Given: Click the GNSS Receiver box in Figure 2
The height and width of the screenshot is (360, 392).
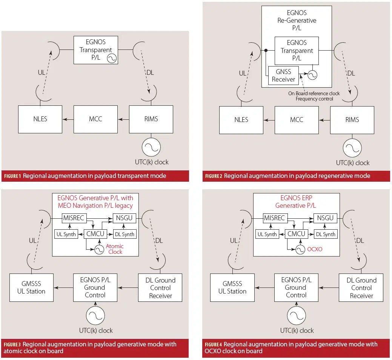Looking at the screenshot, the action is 283,76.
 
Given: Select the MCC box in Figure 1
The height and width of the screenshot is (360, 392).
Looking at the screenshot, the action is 95,119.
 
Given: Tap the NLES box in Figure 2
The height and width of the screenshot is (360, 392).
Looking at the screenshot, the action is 241,120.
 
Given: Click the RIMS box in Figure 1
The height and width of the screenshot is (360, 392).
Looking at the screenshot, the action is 151,119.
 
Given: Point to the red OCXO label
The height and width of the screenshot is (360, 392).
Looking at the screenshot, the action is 315,249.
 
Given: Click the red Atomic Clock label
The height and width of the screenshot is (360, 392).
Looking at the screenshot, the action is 115,249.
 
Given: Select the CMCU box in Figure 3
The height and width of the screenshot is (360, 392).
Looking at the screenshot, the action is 95,234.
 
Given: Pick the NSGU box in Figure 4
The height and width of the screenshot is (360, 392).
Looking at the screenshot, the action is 325,218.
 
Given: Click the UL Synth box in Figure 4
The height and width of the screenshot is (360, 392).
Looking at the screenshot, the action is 267,234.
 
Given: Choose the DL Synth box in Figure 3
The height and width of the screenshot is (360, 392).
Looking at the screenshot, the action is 125,234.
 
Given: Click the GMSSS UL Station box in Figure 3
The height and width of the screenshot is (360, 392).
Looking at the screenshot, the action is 31,287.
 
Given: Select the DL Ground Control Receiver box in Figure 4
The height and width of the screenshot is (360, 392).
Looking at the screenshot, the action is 361,287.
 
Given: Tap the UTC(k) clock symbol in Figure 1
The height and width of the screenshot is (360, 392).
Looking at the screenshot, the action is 151,147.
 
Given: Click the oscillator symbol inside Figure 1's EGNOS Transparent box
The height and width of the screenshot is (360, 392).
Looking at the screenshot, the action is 112,58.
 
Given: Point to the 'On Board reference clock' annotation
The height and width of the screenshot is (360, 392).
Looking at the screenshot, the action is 314,93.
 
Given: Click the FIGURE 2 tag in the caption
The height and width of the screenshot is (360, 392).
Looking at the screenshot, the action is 214,176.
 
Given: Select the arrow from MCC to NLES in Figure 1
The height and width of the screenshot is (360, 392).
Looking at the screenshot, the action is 68,119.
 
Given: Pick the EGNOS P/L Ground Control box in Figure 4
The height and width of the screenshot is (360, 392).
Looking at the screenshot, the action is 296,287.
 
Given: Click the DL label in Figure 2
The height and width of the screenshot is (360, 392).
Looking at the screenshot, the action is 351,73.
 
